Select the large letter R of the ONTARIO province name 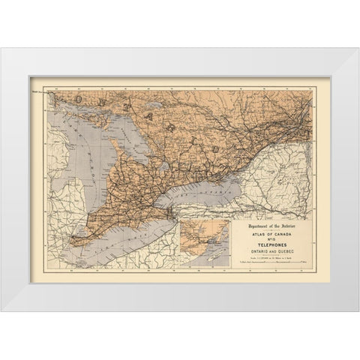tap(173, 127)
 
